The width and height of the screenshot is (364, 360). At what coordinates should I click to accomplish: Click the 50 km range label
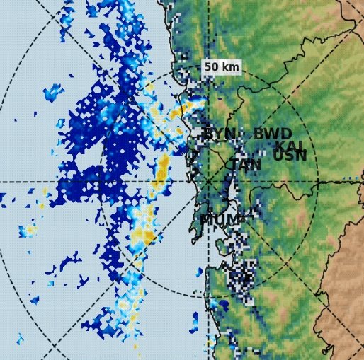coord(222,67)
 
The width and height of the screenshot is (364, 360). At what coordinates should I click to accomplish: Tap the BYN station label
coord(220,134)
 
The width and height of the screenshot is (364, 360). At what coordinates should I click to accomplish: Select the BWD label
coord(273,134)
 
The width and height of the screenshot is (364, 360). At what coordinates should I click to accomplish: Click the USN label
coord(290,156)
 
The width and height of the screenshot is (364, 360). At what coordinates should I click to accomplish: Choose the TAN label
coord(245,166)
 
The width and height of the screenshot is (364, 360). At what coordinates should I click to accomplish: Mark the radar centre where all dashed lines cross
coord(208,182)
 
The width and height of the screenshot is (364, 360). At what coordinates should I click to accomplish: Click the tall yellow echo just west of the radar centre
coord(162,173)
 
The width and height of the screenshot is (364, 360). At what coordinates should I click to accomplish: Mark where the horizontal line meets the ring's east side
coord(319,182)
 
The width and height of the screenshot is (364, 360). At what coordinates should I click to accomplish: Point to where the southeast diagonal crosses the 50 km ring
coord(286,260)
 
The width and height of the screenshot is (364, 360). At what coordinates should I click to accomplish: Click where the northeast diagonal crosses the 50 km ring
coord(286,104)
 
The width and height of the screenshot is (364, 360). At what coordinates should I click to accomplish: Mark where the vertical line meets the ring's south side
coord(208,292)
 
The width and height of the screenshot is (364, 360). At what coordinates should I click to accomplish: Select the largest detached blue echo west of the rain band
coord(54,92)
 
